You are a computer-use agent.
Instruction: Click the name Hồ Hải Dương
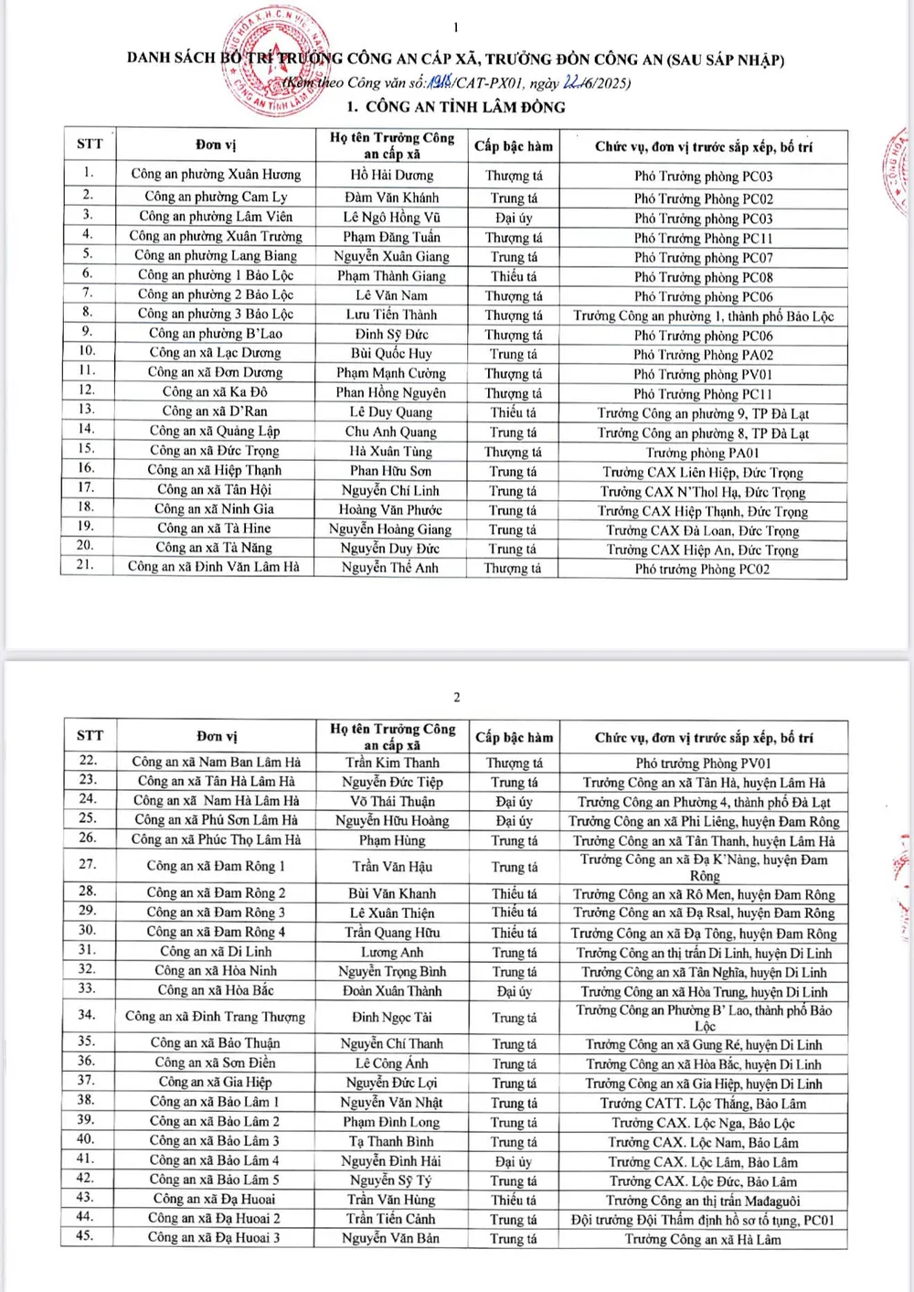(392, 175)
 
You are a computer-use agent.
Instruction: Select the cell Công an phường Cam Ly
(216, 197)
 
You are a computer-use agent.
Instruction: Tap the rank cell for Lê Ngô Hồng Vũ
(514, 218)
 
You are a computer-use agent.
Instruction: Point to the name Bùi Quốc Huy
(391, 353)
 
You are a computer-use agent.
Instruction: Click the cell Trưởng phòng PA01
(703, 453)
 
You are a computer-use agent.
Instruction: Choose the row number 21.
(86, 565)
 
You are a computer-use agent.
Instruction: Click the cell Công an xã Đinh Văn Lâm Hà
(214, 567)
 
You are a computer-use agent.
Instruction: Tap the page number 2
(457, 698)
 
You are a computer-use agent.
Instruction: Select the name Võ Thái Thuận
(392, 801)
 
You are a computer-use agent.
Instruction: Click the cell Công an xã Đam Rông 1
(216, 866)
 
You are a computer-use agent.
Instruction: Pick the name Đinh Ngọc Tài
(392, 1017)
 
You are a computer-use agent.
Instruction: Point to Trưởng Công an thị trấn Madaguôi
(703, 1201)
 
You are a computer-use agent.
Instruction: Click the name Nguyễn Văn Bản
(391, 1238)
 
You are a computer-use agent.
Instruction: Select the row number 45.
(86, 1237)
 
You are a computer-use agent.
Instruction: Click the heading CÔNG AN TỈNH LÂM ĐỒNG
(456, 107)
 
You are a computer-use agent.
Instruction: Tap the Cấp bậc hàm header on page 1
(514, 146)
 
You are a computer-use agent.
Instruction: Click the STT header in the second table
(90, 735)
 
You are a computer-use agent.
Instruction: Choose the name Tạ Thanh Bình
(391, 1141)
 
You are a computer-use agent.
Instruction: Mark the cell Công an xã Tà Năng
(214, 548)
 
